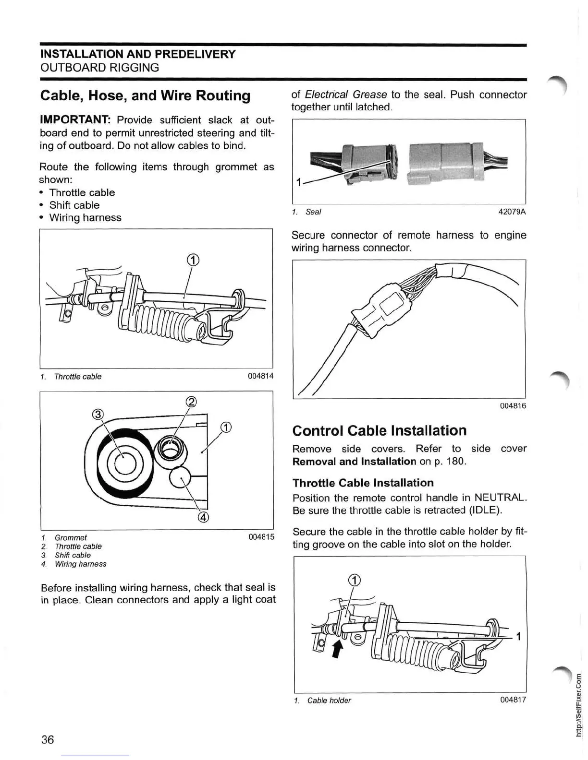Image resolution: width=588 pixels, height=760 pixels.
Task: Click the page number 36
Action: (48, 739)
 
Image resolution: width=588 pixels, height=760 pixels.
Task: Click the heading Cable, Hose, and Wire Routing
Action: (145, 95)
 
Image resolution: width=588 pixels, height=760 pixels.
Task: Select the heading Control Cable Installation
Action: (379, 430)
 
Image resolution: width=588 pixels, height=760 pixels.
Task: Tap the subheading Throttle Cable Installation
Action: (363, 483)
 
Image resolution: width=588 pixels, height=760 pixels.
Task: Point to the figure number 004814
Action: (260, 376)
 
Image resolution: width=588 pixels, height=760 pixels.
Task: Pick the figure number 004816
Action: (513, 406)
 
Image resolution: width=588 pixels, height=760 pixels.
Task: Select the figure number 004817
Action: (513, 700)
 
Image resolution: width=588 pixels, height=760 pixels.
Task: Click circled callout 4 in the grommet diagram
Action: (203, 517)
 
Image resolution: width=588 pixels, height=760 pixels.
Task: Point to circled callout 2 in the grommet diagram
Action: (190, 402)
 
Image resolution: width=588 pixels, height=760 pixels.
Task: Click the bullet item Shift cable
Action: (74, 205)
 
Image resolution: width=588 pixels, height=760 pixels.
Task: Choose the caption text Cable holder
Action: (329, 701)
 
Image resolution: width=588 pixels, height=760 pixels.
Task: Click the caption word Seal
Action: (313, 212)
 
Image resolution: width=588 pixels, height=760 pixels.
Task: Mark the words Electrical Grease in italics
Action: (346, 95)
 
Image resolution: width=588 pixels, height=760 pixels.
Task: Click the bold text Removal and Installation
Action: (354, 462)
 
